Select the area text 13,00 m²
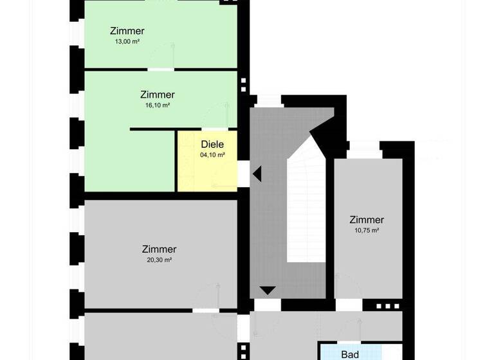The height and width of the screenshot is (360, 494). pos(127,41)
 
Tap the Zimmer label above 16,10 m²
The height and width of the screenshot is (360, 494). pos(157,94)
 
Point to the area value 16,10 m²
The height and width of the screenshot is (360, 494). pos(157,105)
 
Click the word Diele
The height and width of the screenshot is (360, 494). pos(212,145)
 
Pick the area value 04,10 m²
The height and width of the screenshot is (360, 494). pos(212,155)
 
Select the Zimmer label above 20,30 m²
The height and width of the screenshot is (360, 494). pos(159,249)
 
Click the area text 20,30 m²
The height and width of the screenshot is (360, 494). pos(159,260)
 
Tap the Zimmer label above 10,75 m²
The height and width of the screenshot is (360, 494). pos(367,220)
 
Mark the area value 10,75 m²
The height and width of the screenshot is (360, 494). pos(367,230)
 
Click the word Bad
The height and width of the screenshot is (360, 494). pos(350,354)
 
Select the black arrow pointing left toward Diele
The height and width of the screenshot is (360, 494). pos(257,174)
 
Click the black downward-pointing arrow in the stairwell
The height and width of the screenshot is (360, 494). pos(268,291)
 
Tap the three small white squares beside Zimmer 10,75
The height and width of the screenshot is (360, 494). pos(387,307)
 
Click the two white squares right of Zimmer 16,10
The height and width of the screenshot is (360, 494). pos(243,85)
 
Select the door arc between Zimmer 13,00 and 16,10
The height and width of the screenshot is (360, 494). pos(163,57)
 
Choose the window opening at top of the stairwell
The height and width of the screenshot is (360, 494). pos(270,101)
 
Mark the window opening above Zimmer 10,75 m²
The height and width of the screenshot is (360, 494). pos(365,148)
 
